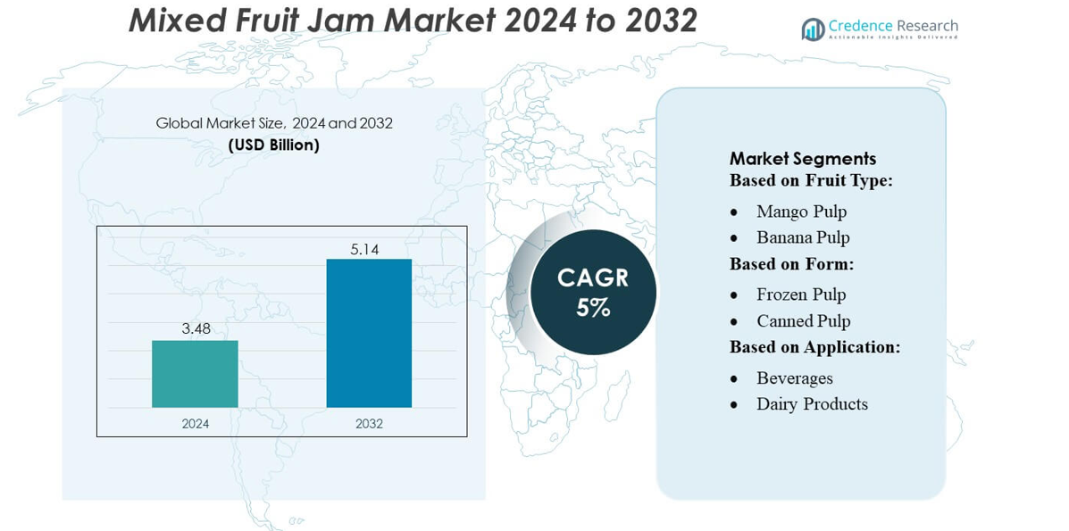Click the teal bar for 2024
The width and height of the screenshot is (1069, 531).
click(195, 374)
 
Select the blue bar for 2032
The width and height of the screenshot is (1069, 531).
click(369, 333)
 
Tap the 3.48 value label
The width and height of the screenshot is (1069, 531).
click(196, 328)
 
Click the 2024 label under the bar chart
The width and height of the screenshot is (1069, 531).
click(195, 424)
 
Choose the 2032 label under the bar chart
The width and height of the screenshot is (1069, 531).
click(369, 424)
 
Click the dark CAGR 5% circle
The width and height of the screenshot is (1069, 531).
click(593, 292)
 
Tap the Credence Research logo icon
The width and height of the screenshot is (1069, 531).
click(813, 29)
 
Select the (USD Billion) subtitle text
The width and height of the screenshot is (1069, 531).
click(274, 145)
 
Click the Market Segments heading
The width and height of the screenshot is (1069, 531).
click(803, 159)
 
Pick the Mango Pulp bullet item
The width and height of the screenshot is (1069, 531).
click(801, 212)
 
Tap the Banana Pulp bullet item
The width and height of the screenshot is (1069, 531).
click(803, 237)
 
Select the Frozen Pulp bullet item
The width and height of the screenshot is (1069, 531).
click(801, 295)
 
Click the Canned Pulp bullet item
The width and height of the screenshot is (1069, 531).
click(803, 321)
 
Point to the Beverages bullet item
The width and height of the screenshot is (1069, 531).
click(794, 378)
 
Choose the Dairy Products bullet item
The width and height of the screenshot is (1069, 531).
click(812, 404)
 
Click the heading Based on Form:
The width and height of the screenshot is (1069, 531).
click(791, 264)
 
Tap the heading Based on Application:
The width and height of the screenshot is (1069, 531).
click(814, 347)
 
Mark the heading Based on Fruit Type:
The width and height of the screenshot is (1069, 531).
click(811, 180)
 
